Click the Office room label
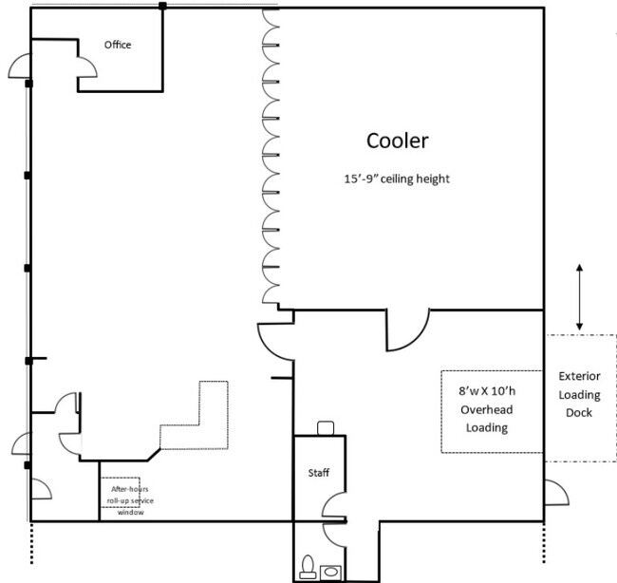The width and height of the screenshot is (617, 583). point(118,45)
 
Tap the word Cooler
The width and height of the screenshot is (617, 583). point(398,141)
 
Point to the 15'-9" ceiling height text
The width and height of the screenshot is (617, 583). point(397,179)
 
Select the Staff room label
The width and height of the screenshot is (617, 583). point(318,473)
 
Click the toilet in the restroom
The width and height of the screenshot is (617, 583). point(307,566)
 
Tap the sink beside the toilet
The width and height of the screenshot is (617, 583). point(330,572)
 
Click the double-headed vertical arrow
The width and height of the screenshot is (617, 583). point(579,297)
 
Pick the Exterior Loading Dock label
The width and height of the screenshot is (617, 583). point(579,394)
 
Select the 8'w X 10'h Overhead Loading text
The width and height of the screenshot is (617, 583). point(487,409)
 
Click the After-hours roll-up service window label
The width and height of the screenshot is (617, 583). point(130,500)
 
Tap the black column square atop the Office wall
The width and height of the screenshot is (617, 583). point(162,6)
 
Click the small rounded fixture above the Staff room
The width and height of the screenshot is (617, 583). point(326,427)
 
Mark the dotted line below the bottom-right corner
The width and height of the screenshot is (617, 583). point(544,545)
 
